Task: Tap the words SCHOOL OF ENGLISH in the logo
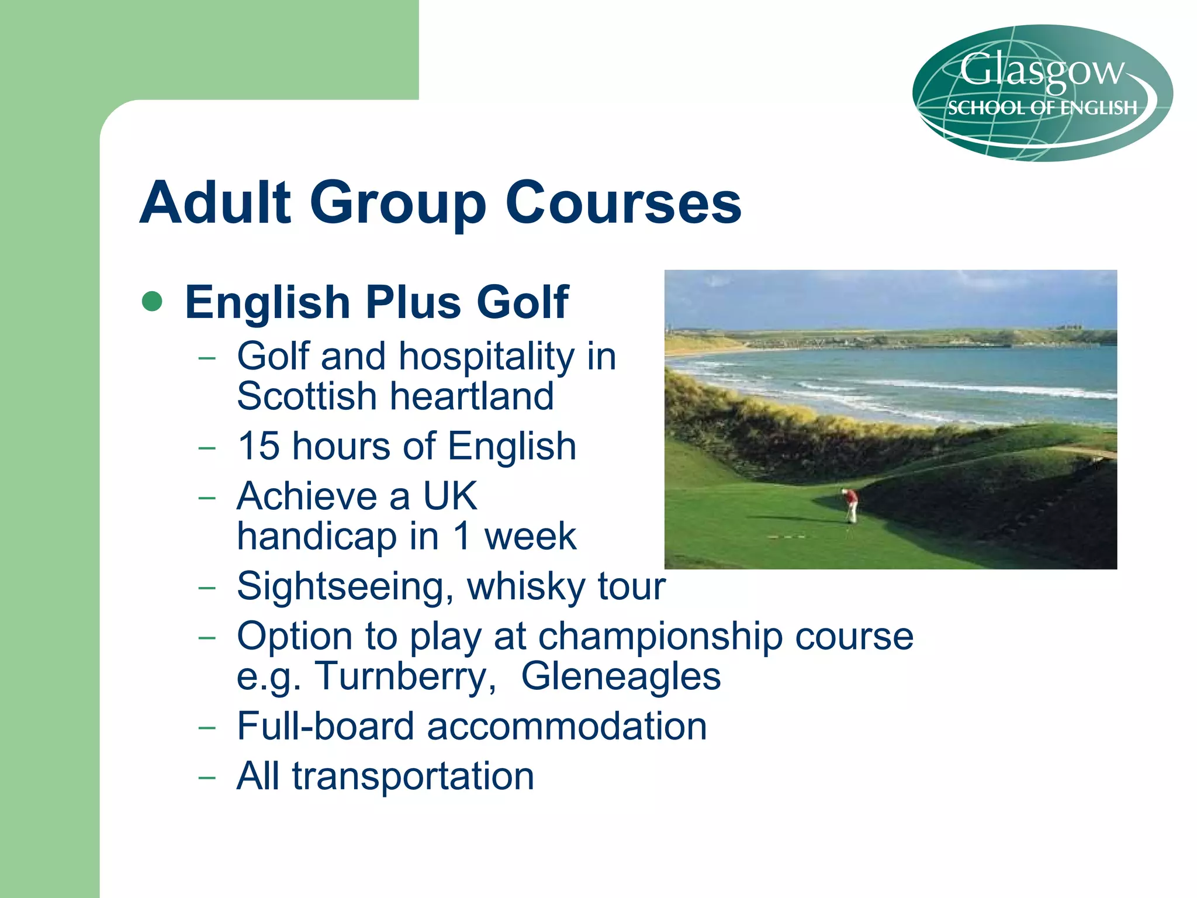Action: [1042, 108]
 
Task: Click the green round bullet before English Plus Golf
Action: [152, 302]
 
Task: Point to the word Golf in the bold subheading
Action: [522, 302]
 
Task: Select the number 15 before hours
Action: [258, 446]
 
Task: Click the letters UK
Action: [450, 496]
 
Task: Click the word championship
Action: [660, 636]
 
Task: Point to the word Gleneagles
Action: [621, 676]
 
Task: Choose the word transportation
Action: [413, 776]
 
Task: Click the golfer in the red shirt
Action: [852, 504]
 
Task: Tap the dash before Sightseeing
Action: [207, 587]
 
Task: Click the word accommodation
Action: [567, 726]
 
